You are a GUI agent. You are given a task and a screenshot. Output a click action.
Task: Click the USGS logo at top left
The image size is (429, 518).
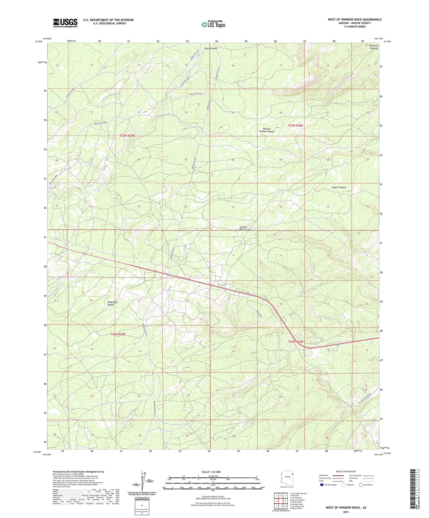65,23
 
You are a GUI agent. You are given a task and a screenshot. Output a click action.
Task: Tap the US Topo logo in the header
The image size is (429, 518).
213,24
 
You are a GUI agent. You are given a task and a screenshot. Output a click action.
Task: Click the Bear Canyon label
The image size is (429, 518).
211,48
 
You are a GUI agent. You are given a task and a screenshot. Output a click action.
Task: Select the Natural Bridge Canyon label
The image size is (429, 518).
266,130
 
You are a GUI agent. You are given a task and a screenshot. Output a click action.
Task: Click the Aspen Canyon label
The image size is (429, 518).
339,188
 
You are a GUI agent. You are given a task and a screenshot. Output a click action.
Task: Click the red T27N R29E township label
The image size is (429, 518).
127,136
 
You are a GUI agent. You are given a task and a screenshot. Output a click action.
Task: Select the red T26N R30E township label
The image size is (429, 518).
296,342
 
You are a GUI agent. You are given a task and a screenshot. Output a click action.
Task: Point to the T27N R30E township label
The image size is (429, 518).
295,126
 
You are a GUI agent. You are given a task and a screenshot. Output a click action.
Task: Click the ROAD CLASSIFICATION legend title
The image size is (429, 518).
346,471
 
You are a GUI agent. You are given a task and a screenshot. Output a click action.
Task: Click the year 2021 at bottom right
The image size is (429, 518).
346,512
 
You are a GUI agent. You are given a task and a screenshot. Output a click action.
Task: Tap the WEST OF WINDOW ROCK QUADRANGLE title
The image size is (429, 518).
354,20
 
